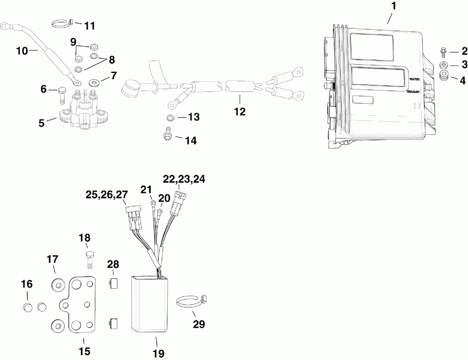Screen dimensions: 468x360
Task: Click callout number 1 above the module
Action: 393,7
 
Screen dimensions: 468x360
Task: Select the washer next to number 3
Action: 443,64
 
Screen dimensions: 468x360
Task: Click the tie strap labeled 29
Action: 191,303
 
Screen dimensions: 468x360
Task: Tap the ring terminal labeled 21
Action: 153,203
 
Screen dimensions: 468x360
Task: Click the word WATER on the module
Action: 415,80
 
